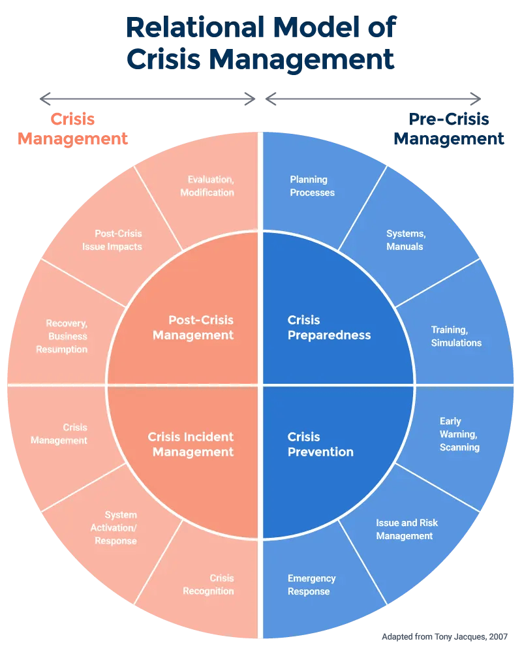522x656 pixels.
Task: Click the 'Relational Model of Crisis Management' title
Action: [261, 43]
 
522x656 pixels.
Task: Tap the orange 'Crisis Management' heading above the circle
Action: [73, 129]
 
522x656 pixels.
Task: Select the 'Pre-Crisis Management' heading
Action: [449, 129]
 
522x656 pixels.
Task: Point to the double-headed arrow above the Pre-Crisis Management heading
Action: [373, 99]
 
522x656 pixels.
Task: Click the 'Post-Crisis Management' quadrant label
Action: [193, 328]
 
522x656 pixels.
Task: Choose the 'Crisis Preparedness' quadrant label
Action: [329, 328]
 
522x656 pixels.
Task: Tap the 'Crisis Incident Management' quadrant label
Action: [191, 445]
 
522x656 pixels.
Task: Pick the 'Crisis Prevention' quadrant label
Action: [320, 445]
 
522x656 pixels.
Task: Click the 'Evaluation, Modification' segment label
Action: [207, 186]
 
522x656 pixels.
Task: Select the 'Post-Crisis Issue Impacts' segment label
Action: [112, 240]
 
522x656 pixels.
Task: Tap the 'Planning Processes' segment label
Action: [312, 186]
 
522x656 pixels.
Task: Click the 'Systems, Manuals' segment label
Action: [405, 240]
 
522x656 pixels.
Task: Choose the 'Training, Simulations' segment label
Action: [456, 336]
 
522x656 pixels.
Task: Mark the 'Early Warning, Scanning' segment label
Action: [459, 434]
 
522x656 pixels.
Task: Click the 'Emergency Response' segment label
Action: [311, 585]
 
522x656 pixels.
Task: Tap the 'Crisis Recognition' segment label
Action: [209, 585]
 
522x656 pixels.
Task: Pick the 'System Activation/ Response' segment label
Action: [115, 528]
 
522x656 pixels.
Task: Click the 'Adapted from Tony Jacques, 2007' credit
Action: [444, 636]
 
